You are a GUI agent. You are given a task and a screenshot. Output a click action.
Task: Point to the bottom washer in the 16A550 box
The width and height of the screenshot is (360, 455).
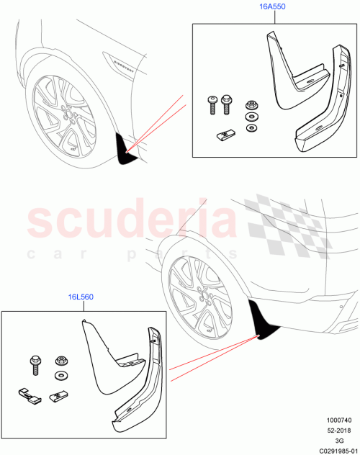tap(251, 128)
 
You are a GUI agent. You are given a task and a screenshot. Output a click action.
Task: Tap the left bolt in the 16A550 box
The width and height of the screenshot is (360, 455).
tap(213, 104)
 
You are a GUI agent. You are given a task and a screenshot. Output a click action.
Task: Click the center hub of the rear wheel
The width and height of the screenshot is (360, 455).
tap(200, 301)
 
